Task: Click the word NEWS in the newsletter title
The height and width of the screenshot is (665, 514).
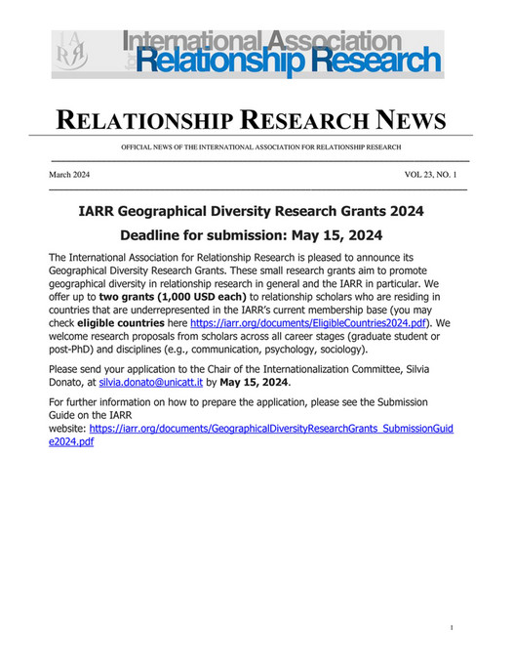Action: point(397,121)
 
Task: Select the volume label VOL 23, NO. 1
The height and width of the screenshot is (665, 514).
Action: point(435,173)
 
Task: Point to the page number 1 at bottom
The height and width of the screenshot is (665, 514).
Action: point(453,628)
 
